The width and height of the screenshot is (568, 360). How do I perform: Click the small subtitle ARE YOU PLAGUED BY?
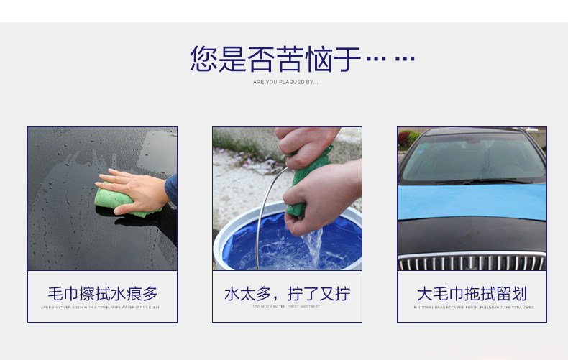pyautogui.click(x=287, y=83)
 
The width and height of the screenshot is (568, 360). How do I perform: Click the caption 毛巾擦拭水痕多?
pyautogui.click(x=102, y=293)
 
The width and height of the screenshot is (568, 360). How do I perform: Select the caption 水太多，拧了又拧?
pyautogui.click(x=287, y=293)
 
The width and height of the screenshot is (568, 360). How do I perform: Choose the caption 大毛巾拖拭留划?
pyautogui.click(x=472, y=293)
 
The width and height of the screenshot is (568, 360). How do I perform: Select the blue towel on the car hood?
pyautogui.click(x=472, y=201)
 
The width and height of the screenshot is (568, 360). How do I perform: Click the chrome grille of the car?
pyautogui.click(x=472, y=262)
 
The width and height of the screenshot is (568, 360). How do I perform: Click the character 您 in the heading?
pyautogui.click(x=203, y=59)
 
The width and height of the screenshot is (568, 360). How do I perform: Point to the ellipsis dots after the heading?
pyautogui.click(x=390, y=58)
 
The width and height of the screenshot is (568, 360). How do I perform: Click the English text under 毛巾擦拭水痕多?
pyautogui.click(x=102, y=307)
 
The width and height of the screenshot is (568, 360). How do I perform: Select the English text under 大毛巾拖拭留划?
pyautogui.click(x=472, y=307)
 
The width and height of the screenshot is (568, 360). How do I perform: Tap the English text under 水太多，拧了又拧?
pyautogui.click(x=287, y=307)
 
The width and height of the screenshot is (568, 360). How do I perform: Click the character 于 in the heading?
pyautogui.click(x=347, y=59)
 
